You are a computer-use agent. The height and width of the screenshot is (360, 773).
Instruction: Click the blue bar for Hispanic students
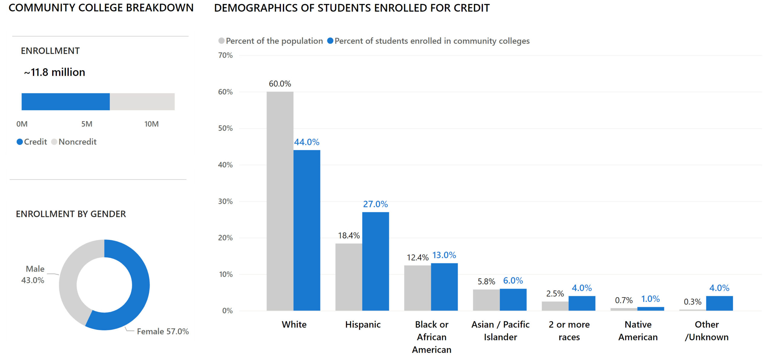click(x=375, y=261)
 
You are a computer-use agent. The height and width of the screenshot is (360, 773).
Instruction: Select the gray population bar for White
click(x=280, y=201)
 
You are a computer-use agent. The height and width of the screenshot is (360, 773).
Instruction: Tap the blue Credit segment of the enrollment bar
click(x=66, y=101)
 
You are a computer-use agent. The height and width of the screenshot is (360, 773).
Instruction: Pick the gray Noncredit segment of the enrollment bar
click(x=142, y=101)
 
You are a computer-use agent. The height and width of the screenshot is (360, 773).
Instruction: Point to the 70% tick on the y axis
click(x=225, y=55)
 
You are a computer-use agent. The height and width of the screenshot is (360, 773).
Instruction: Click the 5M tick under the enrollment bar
click(x=87, y=124)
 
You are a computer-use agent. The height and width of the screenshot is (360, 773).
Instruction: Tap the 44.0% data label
click(x=306, y=142)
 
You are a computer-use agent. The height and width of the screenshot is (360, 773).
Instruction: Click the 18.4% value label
click(x=349, y=236)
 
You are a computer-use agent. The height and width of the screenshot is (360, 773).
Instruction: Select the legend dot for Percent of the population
click(x=221, y=41)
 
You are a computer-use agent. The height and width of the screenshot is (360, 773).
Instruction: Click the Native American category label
click(x=638, y=331)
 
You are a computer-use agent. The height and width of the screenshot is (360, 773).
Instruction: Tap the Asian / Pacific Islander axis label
click(x=500, y=331)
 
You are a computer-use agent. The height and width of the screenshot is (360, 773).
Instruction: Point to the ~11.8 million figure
click(x=55, y=72)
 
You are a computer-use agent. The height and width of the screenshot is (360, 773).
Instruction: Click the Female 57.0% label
click(x=163, y=331)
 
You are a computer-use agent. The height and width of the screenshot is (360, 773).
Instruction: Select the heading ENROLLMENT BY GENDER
click(x=71, y=214)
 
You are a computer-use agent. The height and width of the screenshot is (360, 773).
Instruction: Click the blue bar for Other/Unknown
click(x=719, y=303)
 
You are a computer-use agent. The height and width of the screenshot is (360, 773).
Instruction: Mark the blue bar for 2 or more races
click(x=582, y=303)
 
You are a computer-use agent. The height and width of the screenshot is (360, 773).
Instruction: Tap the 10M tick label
click(x=151, y=124)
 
